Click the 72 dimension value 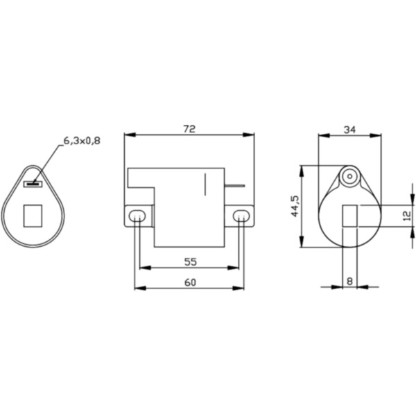tap(189, 129)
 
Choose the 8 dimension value tap(349, 281)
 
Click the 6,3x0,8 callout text tap(82, 141)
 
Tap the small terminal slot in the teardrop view tap(33, 184)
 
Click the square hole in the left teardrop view tap(33, 215)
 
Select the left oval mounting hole tap(137, 216)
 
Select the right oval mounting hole tap(240, 216)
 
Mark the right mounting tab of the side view tap(241, 216)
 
